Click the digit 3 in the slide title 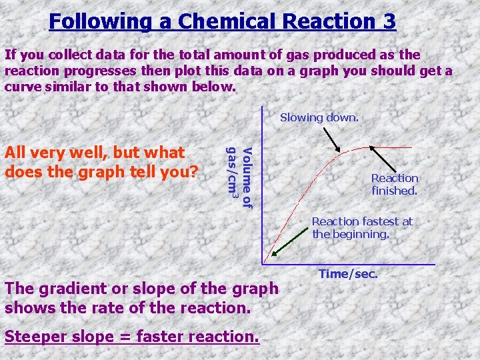[x=389, y=21]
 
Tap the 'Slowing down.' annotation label [x=319, y=117]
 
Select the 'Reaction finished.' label [x=395, y=184]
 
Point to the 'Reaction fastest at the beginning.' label [x=362, y=227]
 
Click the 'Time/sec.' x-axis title [x=348, y=273]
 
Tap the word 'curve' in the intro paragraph [x=21, y=87]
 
